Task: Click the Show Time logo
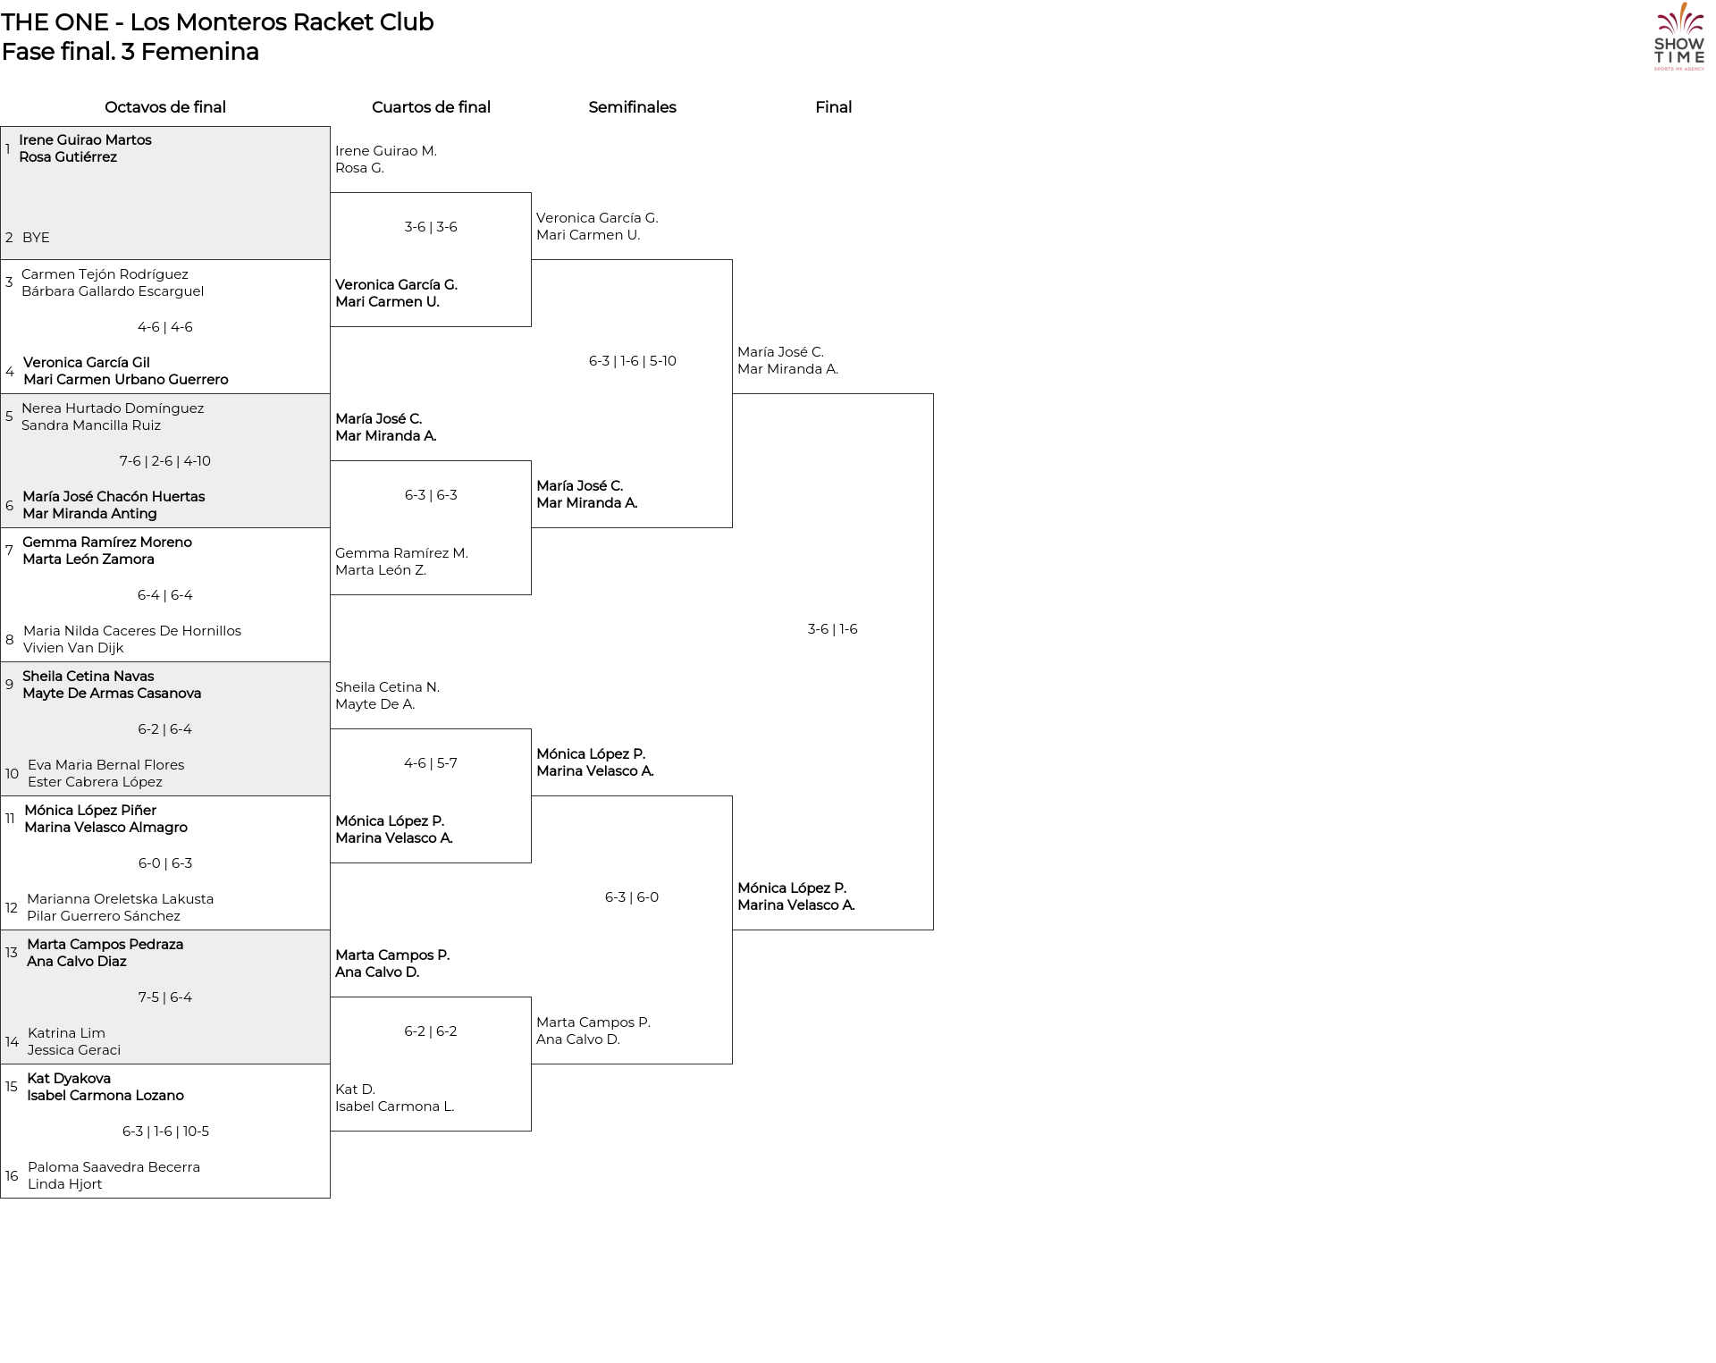pos(1679,37)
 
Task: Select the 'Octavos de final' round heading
pos(165,107)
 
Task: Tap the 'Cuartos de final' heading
pos(431,107)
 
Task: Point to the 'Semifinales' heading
pos(632,107)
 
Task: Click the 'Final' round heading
pos(833,107)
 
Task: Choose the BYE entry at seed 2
pos(36,238)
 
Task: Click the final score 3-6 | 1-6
pos(832,629)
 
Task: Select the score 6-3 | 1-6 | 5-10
pos(632,361)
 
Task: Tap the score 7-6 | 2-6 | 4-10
pos(165,461)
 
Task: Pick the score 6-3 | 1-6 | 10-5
pos(165,1132)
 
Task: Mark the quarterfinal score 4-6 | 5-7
pos(431,763)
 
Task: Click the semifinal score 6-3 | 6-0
pos(632,897)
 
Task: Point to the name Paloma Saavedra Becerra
pos(114,1167)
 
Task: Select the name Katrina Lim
pos(66,1033)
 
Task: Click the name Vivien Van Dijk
pos(73,648)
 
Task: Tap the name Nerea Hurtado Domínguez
pos(113,408)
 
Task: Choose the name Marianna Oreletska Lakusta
pos(120,899)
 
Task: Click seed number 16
pos(12,1176)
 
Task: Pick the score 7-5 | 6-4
pos(165,997)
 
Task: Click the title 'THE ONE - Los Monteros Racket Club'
pos(217,22)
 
